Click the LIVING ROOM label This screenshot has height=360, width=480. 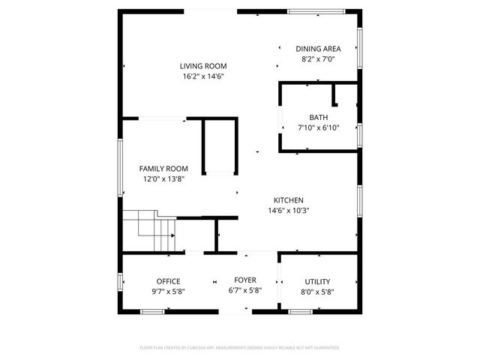(203, 66)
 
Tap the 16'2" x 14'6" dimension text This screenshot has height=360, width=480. (203, 76)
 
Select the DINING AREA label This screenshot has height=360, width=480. (319, 48)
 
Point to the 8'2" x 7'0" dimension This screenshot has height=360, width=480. (319, 58)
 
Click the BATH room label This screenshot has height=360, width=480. (319, 117)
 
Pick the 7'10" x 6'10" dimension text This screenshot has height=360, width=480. (319, 127)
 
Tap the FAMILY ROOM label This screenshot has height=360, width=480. (163, 169)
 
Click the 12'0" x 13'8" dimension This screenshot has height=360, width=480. (163, 179)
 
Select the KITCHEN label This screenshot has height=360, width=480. (288, 200)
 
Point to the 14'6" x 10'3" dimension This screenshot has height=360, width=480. (288, 211)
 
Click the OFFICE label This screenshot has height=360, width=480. (168, 281)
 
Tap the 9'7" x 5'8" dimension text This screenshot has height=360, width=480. (168, 292)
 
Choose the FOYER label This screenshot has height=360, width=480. (245, 280)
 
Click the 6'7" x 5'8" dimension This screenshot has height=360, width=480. (245, 290)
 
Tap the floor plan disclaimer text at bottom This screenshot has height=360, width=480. (240, 348)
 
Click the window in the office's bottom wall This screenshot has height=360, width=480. (152, 311)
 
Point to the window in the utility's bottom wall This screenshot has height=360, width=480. (300, 311)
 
